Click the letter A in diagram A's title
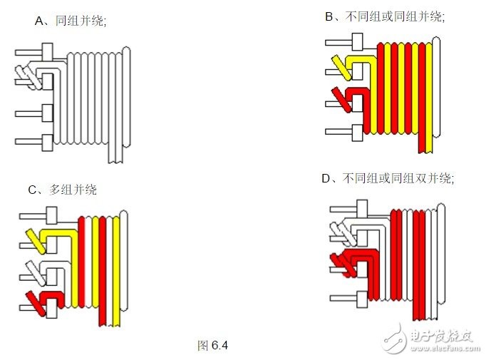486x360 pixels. point(39,21)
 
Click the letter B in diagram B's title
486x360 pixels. point(329,16)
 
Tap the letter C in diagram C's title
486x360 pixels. point(32,190)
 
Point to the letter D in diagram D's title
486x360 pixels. point(326,179)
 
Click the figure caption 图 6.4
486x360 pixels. point(212,345)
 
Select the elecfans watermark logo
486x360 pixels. point(431,339)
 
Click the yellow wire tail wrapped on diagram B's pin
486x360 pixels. point(341,68)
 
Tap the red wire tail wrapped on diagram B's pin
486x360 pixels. point(341,99)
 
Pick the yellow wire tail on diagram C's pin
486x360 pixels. point(36,241)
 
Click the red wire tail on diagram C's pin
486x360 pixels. point(36,304)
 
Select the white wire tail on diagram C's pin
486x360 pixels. point(36,273)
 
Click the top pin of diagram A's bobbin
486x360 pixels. point(34,52)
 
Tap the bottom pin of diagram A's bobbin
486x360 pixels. point(34,143)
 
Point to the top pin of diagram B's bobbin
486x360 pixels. point(344,42)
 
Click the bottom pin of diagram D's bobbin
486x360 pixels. point(348,299)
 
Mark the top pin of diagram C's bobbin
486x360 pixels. point(38,215)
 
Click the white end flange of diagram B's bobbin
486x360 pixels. point(436,87)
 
